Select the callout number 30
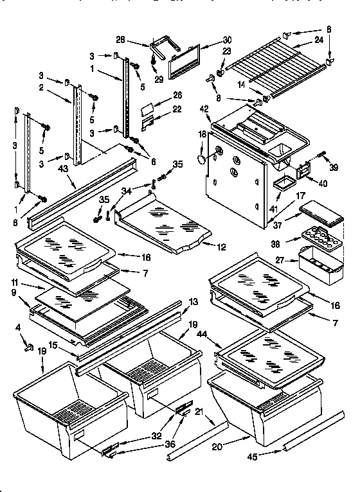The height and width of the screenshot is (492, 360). point(208,40)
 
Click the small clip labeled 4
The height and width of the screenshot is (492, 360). point(28,349)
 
